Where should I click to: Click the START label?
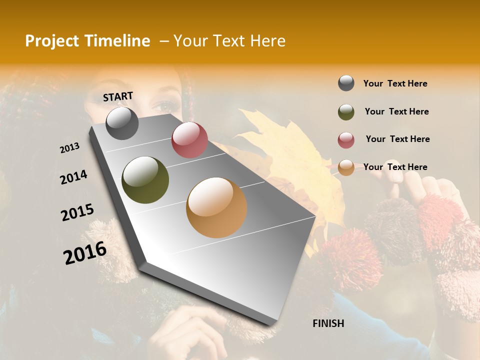coord(118,96)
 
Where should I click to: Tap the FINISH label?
coord(328,323)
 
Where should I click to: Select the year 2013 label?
coord(69,148)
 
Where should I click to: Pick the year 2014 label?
coord(73,177)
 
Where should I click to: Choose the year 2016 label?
coord(85,253)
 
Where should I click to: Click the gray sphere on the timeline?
coord(122,123)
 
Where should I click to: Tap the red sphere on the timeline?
coord(189,140)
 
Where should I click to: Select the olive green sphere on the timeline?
coord(145,180)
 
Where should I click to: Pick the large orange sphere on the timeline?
coord(216,207)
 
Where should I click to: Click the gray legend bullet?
coord(346,83)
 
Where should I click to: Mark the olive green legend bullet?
coord(346,112)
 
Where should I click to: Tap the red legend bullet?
coord(346,140)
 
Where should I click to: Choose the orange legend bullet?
coord(346,167)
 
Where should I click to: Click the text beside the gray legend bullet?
coord(395,83)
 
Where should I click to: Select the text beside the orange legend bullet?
coord(395,167)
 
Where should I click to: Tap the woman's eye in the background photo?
coord(163,106)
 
